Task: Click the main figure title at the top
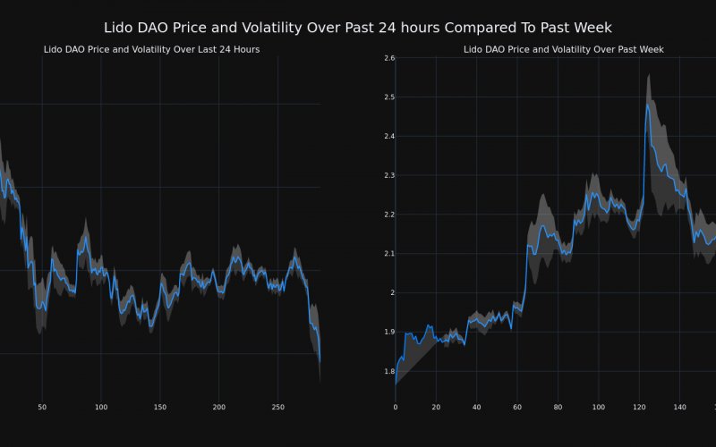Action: point(358,28)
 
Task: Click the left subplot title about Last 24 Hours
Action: point(151,49)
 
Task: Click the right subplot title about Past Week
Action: point(563,49)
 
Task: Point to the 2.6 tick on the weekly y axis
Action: point(388,58)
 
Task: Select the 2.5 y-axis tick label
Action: point(388,97)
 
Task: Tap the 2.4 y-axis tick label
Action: point(388,137)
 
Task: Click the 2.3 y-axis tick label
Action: point(388,176)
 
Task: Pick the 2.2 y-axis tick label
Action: point(388,215)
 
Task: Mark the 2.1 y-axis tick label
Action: point(388,254)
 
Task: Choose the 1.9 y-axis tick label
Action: point(388,332)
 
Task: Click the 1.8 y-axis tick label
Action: point(388,371)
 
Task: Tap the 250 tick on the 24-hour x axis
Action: point(277,407)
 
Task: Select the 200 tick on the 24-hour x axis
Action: point(218,407)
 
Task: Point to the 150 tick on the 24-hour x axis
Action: point(159,407)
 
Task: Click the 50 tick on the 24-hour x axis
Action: point(42,407)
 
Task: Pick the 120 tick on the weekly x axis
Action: point(638,407)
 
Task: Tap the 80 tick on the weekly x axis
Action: point(558,407)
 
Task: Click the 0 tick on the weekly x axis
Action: point(396,407)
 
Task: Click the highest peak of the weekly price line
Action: point(647,104)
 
